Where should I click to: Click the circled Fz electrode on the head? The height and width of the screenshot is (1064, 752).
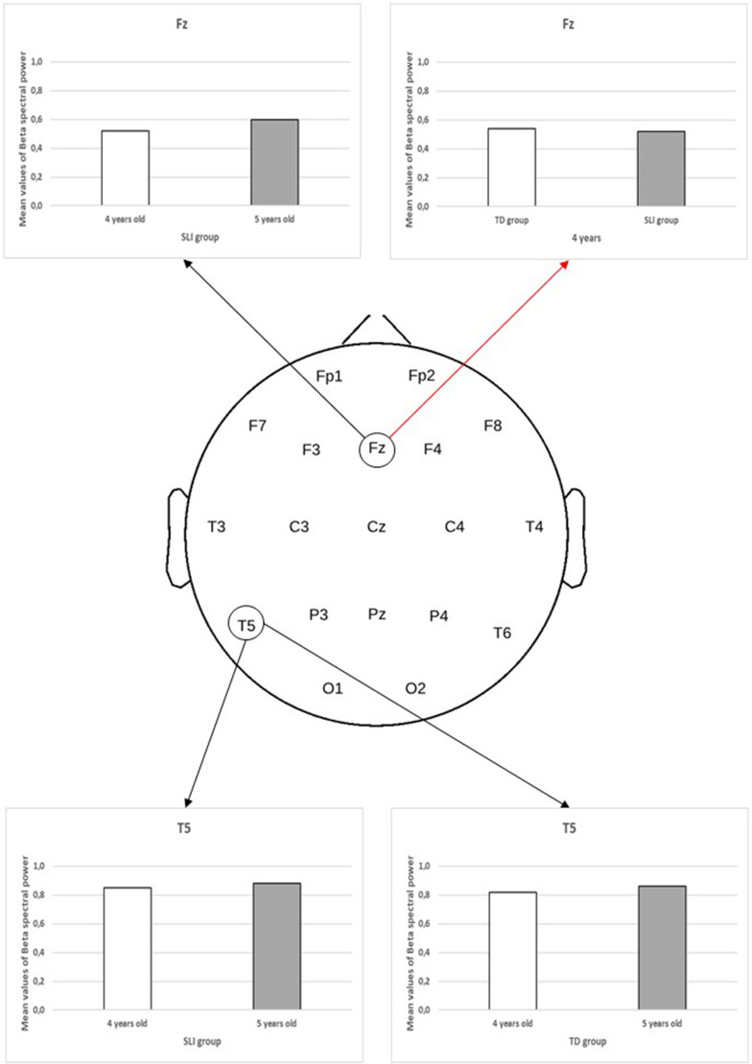click(377, 449)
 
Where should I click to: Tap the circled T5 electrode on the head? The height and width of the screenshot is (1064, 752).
click(247, 626)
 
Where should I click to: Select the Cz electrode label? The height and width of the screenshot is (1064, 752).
click(377, 526)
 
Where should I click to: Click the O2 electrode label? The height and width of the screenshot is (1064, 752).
click(415, 687)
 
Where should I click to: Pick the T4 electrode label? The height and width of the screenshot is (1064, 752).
click(534, 526)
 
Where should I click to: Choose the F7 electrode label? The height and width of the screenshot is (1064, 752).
click(257, 425)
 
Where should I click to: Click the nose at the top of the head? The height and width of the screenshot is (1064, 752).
click(377, 329)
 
